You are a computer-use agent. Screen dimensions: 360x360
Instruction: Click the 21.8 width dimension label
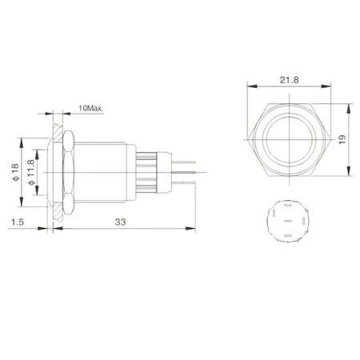click(x=289, y=80)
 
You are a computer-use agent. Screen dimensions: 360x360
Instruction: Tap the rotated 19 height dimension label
click(x=342, y=139)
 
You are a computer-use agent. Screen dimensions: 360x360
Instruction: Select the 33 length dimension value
click(x=120, y=222)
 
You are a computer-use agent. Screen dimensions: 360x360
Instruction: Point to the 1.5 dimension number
click(x=18, y=222)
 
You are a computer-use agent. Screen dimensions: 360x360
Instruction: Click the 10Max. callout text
click(x=91, y=108)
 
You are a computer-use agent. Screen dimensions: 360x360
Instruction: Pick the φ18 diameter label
click(x=15, y=172)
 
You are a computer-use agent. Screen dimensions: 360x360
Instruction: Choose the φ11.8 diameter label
click(x=31, y=172)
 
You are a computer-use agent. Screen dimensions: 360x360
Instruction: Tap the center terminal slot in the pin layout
click(x=288, y=221)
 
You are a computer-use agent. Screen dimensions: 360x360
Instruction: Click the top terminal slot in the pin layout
click(x=287, y=206)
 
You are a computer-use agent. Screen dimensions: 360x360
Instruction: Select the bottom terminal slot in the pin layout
click(x=288, y=236)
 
